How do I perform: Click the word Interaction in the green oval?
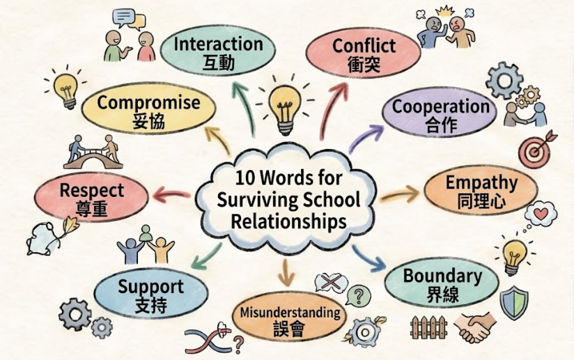click(x=218, y=44)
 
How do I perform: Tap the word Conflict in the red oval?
click(x=364, y=46)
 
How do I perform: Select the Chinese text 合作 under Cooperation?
click(x=442, y=125)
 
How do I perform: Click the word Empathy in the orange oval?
click(x=481, y=183)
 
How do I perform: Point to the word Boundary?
click(x=442, y=276)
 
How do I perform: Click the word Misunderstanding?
click(x=290, y=313)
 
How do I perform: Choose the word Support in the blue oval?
click(x=150, y=287)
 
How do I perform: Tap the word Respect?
click(x=91, y=191)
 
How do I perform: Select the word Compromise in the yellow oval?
click(x=148, y=103)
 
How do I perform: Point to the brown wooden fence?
click(x=428, y=327)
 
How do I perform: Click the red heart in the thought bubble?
click(x=541, y=213)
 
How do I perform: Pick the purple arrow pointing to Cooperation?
click(x=365, y=138)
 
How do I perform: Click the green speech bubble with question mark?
click(x=358, y=295)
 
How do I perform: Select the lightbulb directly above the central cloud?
click(x=285, y=106)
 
